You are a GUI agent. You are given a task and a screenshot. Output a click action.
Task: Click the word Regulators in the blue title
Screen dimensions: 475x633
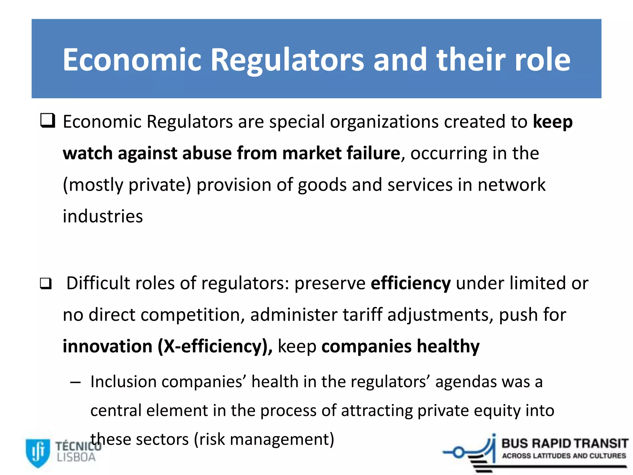[x=287, y=60]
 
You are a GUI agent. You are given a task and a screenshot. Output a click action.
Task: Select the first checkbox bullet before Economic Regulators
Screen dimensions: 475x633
[x=48, y=121]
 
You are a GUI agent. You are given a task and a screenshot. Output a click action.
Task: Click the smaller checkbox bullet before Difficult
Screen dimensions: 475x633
[x=46, y=284]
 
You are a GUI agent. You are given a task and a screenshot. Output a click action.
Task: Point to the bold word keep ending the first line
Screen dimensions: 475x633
[x=553, y=122]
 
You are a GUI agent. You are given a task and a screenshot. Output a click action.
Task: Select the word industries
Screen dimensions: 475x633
[x=103, y=216]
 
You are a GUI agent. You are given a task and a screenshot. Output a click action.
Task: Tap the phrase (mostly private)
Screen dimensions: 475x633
[x=127, y=185]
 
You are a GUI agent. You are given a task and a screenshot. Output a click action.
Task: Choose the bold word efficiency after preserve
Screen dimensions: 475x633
[x=410, y=284]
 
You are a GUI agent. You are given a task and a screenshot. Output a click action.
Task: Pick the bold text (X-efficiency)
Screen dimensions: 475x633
[x=215, y=346]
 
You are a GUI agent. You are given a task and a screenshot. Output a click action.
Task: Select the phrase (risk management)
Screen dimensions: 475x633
[x=264, y=439]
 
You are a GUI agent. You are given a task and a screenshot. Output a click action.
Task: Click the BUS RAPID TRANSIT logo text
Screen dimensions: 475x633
[x=564, y=443]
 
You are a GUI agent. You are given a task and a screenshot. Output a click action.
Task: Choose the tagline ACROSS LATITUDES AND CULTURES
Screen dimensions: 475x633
[x=564, y=456]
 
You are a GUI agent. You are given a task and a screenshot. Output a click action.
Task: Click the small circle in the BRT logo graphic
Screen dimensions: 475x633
[x=459, y=453]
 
